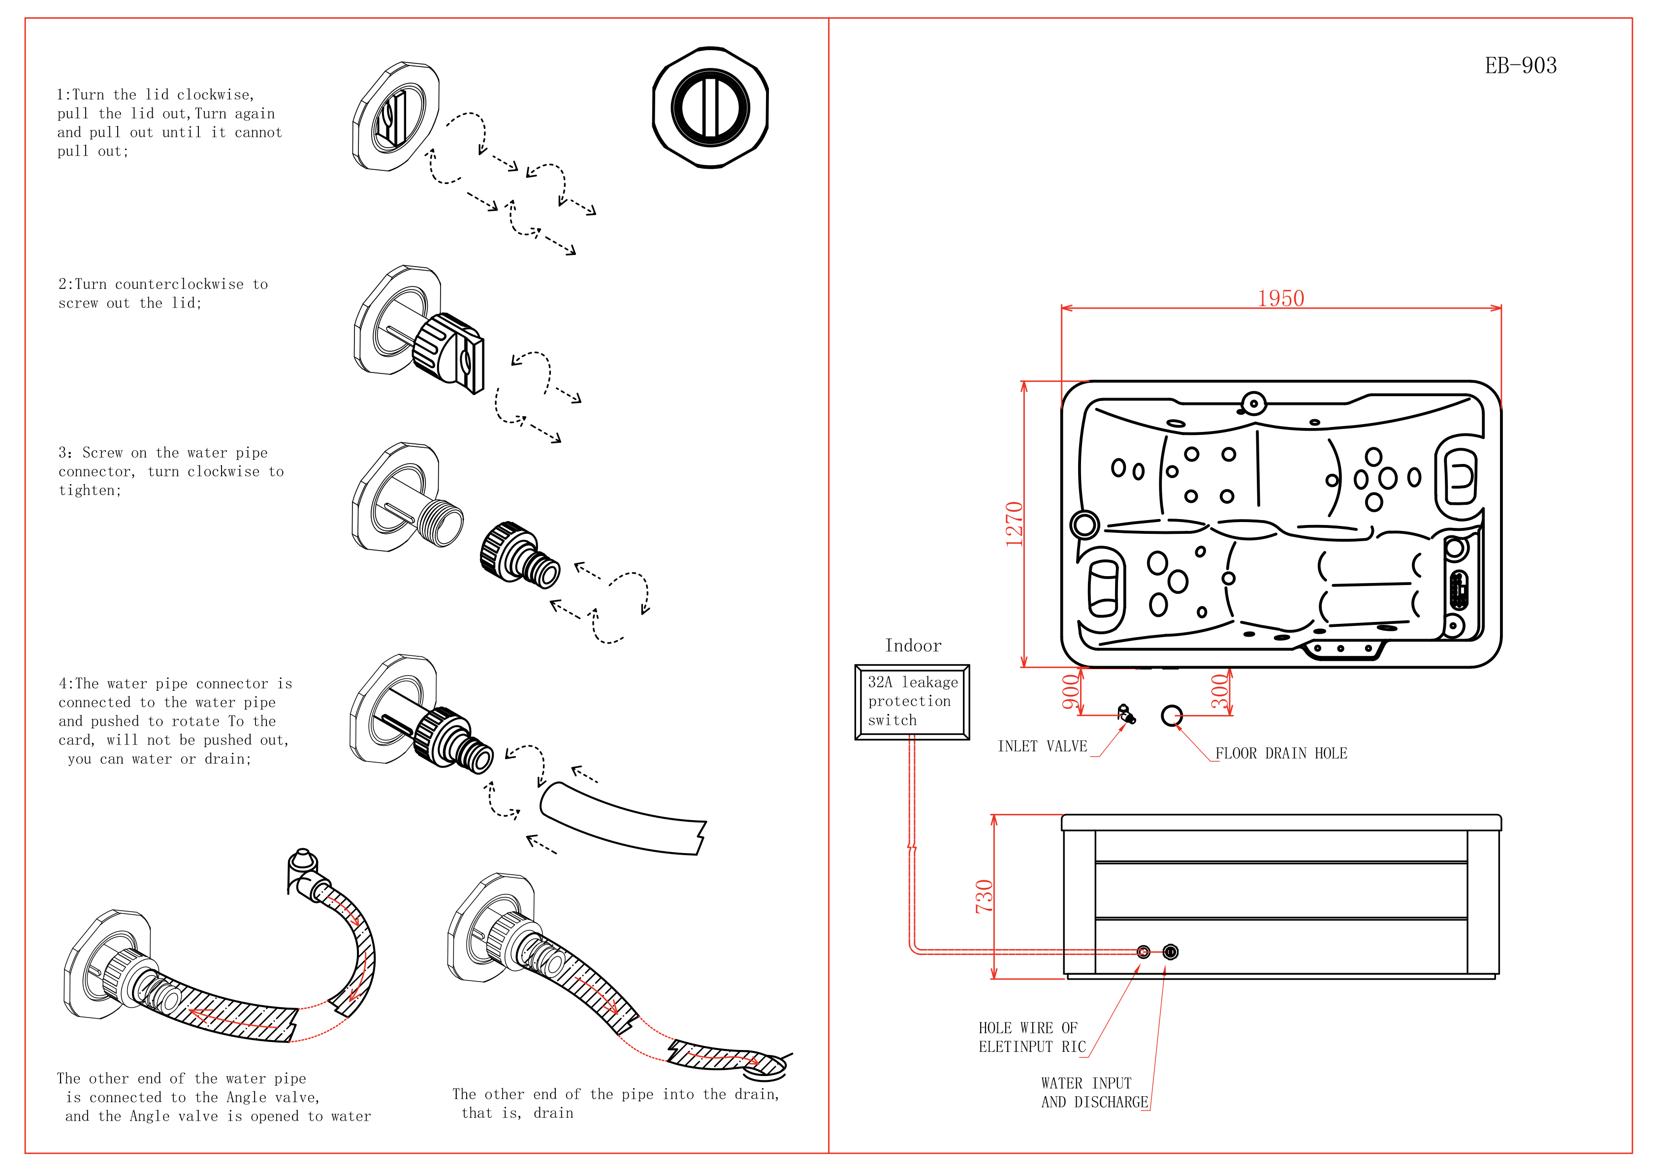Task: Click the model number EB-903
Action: tap(1520, 66)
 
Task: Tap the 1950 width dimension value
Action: tap(1280, 298)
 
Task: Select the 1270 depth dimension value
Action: tap(1015, 524)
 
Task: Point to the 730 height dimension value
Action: tap(984, 896)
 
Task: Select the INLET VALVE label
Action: tap(1042, 746)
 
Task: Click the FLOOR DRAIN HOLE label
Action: tap(1281, 754)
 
